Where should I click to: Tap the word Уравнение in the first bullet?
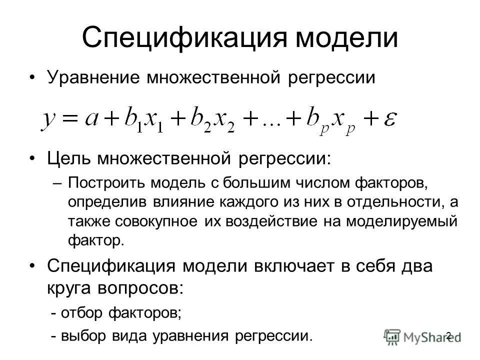pyautogui.click(x=91, y=78)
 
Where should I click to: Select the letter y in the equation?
pyautogui.click(x=49, y=120)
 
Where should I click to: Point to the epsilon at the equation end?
pyautogui.click(x=389, y=120)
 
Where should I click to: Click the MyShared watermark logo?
pyautogui.click(x=415, y=336)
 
